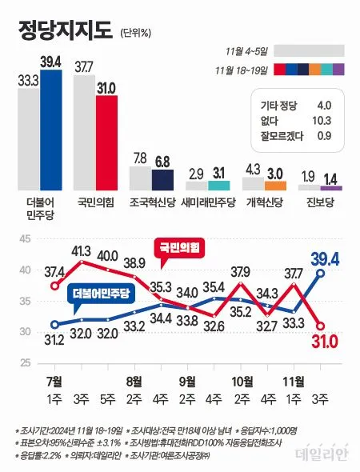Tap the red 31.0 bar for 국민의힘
click(x=106, y=142)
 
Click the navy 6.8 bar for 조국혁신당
click(x=162, y=179)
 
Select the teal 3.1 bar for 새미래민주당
click(x=218, y=186)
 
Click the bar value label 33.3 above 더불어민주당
click(x=28, y=78)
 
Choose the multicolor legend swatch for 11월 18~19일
click(x=308, y=69)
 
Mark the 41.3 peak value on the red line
click(x=81, y=251)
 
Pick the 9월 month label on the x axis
click(x=189, y=379)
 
